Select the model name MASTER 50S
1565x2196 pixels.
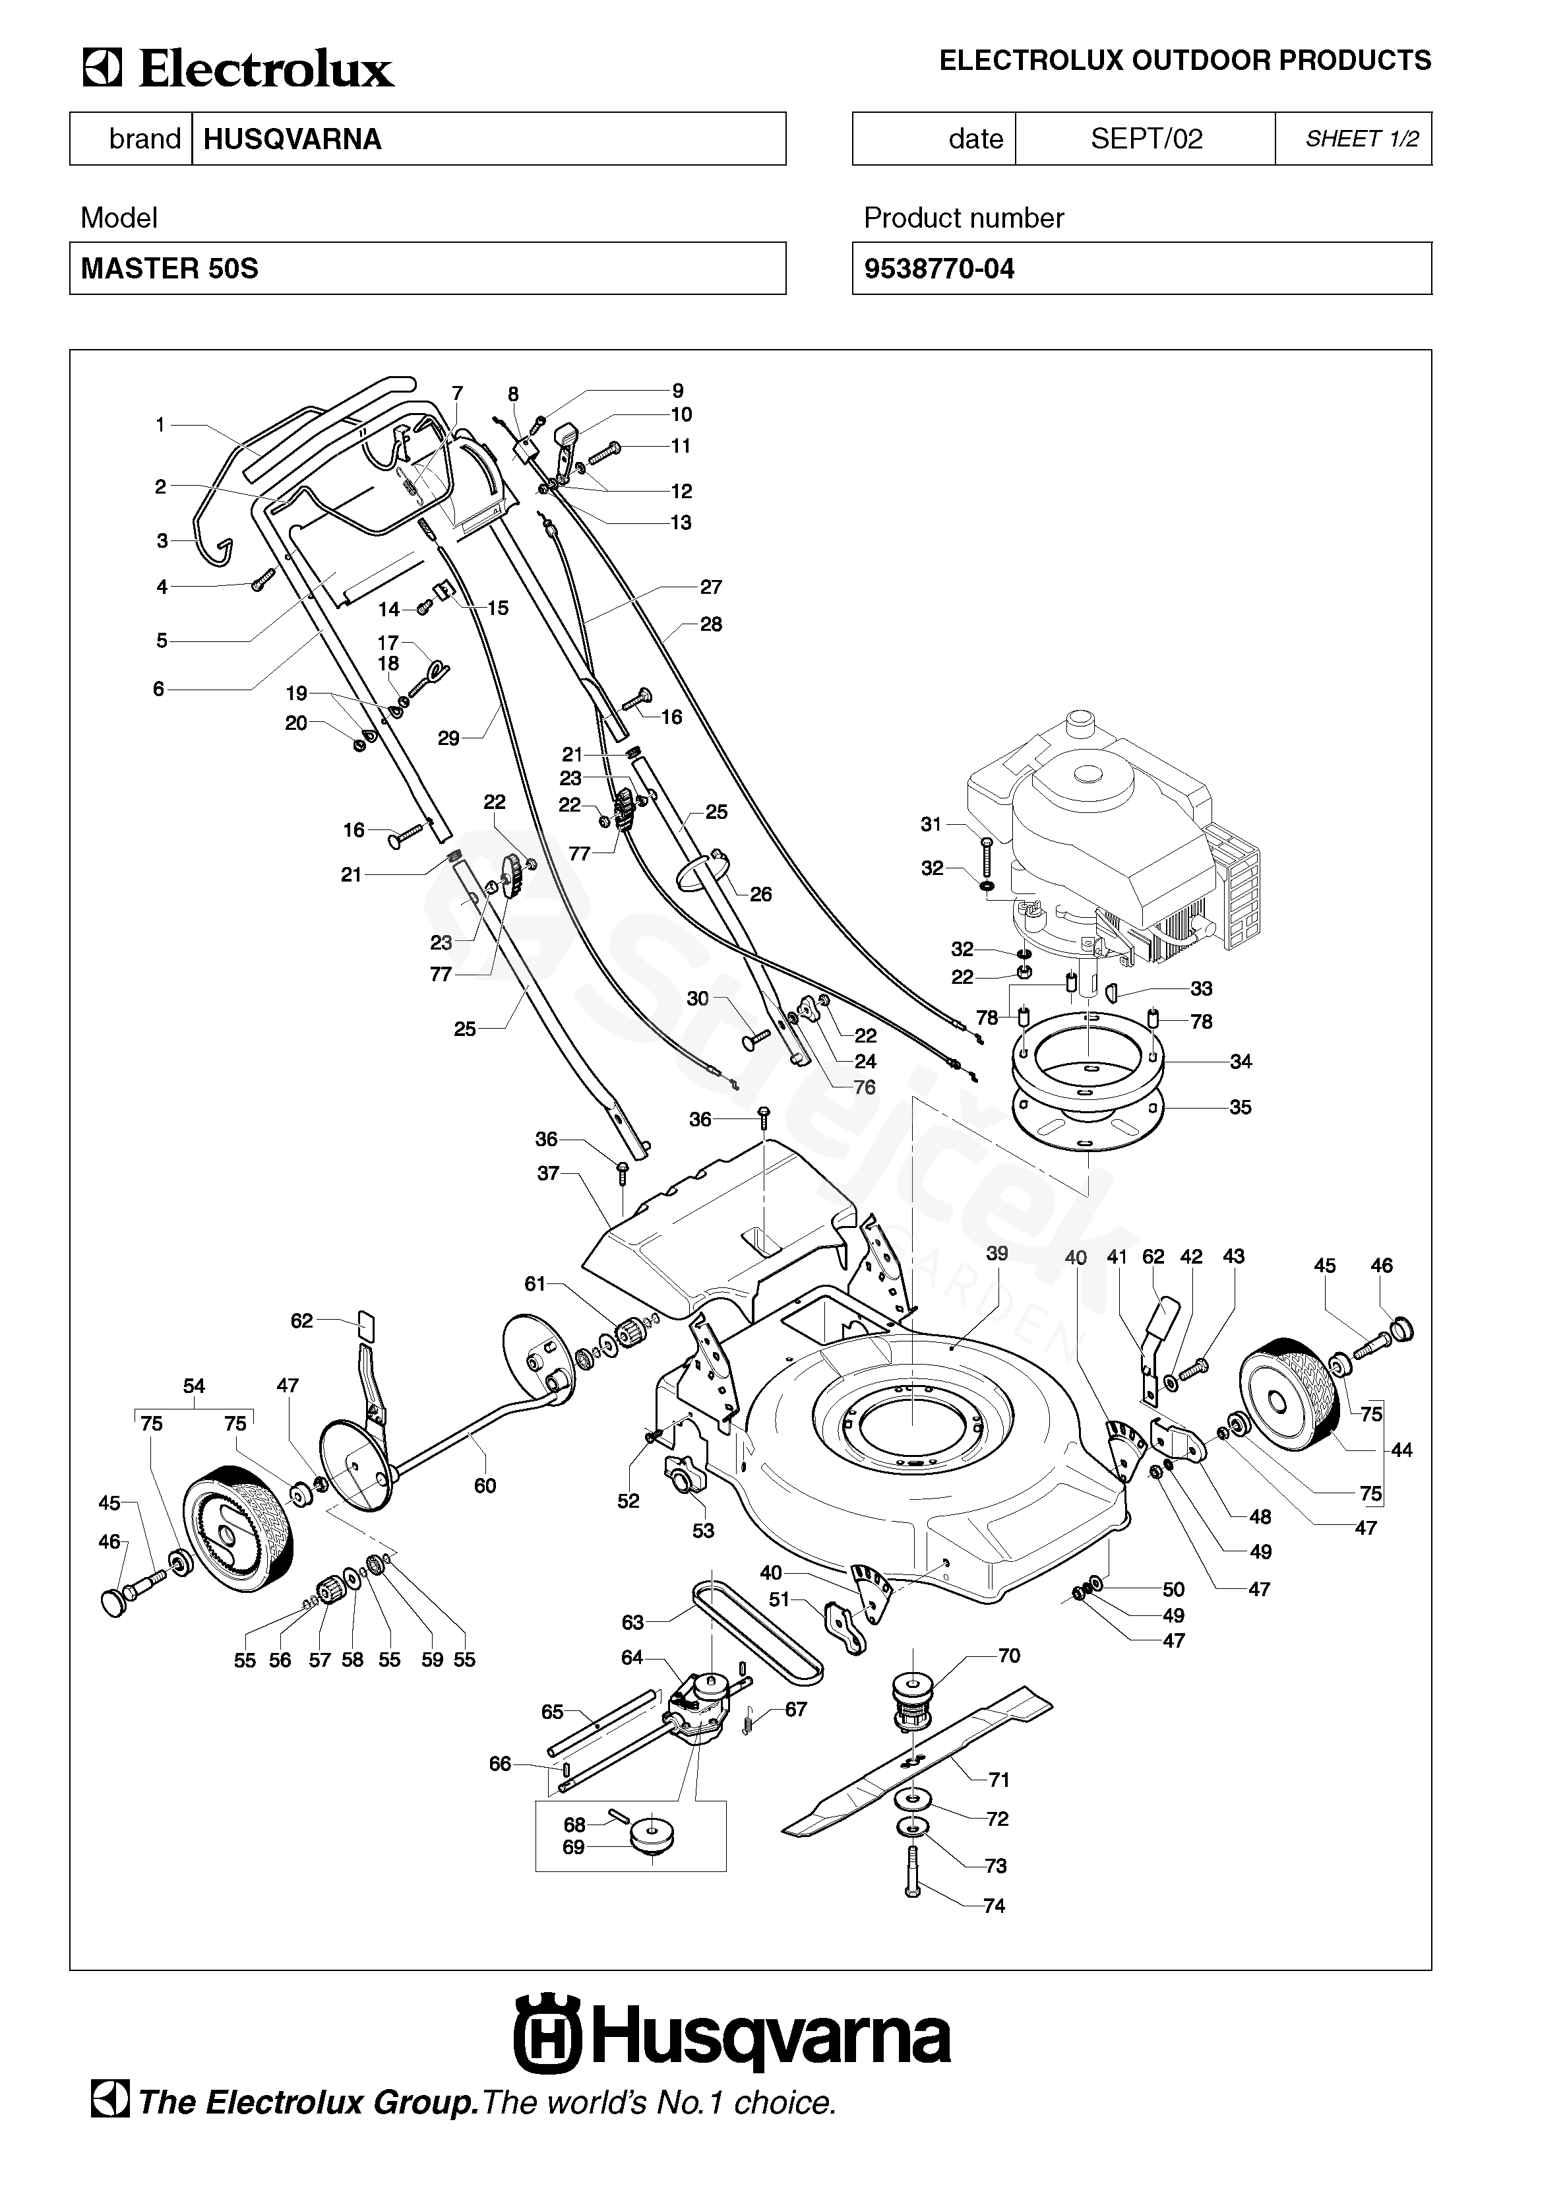(x=169, y=269)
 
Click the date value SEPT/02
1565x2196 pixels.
(x=1147, y=139)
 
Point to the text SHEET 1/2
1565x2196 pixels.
(x=1362, y=139)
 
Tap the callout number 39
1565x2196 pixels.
(x=997, y=1253)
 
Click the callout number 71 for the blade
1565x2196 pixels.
(x=999, y=1780)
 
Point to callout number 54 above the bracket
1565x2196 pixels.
(x=194, y=1386)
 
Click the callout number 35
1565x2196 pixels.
(x=1241, y=1108)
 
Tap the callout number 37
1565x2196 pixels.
(x=548, y=1174)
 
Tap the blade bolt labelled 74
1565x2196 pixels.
(x=913, y=1873)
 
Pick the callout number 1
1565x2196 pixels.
(x=160, y=424)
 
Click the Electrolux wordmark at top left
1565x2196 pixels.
(x=238, y=69)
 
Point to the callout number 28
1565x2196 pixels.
(x=711, y=625)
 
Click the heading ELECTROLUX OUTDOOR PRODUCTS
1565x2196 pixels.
(x=1185, y=61)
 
